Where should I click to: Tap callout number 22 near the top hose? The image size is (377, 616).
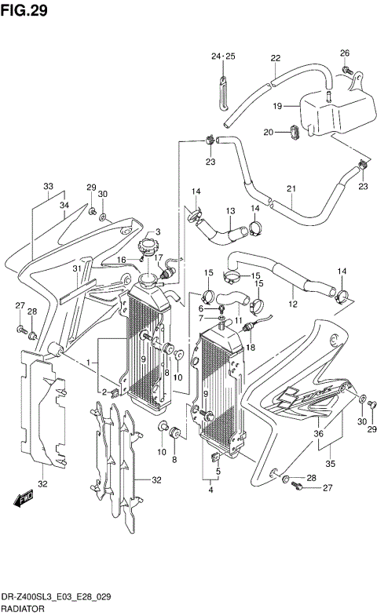pyautogui.click(x=276, y=58)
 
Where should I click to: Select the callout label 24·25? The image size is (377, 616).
pyautogui.click(x=223, y=56)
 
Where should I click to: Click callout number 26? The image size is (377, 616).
pyautogui.click(x=344, y=53)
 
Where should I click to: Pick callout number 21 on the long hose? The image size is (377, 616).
pyautogui.click(x=291, y=188)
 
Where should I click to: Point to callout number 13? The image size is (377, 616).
pyautogui.click(x=231, y=211)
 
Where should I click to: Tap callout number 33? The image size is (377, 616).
pyautogui.click(x=49, y=187)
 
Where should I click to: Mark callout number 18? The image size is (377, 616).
pyautogui.click(x=251, y=346)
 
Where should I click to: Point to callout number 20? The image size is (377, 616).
pyautogui.click(x=268, y=132)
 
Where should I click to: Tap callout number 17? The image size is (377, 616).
pyautogui.click(x=158, y=257)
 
